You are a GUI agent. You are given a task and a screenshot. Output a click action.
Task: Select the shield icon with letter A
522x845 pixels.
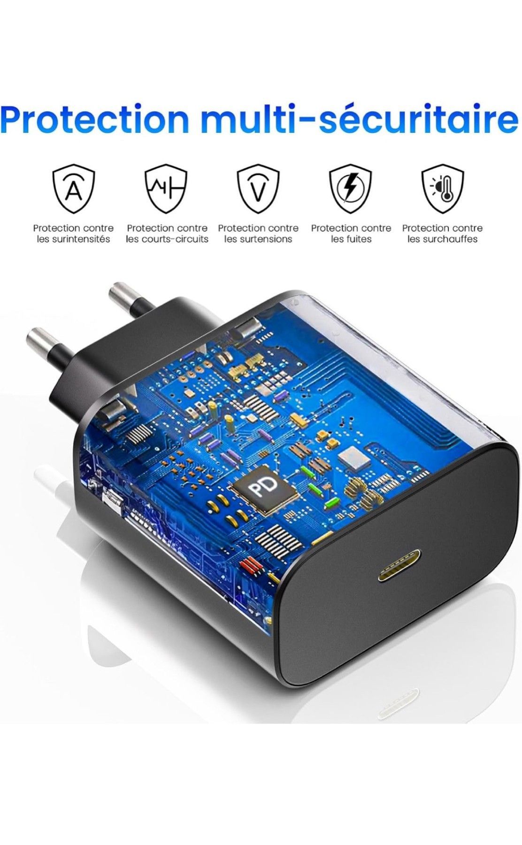[74, 189]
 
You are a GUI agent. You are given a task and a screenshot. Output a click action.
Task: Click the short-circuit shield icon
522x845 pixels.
[166, 189]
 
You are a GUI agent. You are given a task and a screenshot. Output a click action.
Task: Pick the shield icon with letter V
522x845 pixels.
[258, 189]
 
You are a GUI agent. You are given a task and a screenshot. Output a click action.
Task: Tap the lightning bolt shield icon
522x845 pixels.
[351, 189]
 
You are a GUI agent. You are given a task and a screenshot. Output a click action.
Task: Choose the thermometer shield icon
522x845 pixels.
[443, 189]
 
